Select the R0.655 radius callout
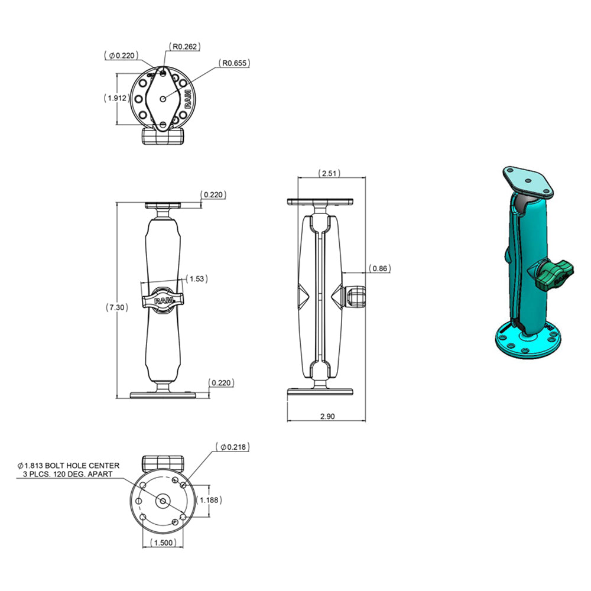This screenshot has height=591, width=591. click(x=233, y=62)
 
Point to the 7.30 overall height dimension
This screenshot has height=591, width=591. click(x=115, y=307)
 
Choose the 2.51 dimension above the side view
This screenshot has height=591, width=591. click(x=330, y=173)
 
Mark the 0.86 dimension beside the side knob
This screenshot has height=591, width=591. click(x=381, y=269)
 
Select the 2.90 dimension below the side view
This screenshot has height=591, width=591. click(x=326, y=416)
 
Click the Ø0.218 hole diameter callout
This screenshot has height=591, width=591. click(x=232, y=447)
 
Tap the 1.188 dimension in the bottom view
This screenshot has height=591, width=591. click(x=209, y=500)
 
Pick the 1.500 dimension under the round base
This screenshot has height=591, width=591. click(x=162, y=543)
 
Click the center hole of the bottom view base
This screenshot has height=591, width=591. click(x=163, y=501)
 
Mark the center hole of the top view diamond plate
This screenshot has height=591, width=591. click(x=164, y=99)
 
